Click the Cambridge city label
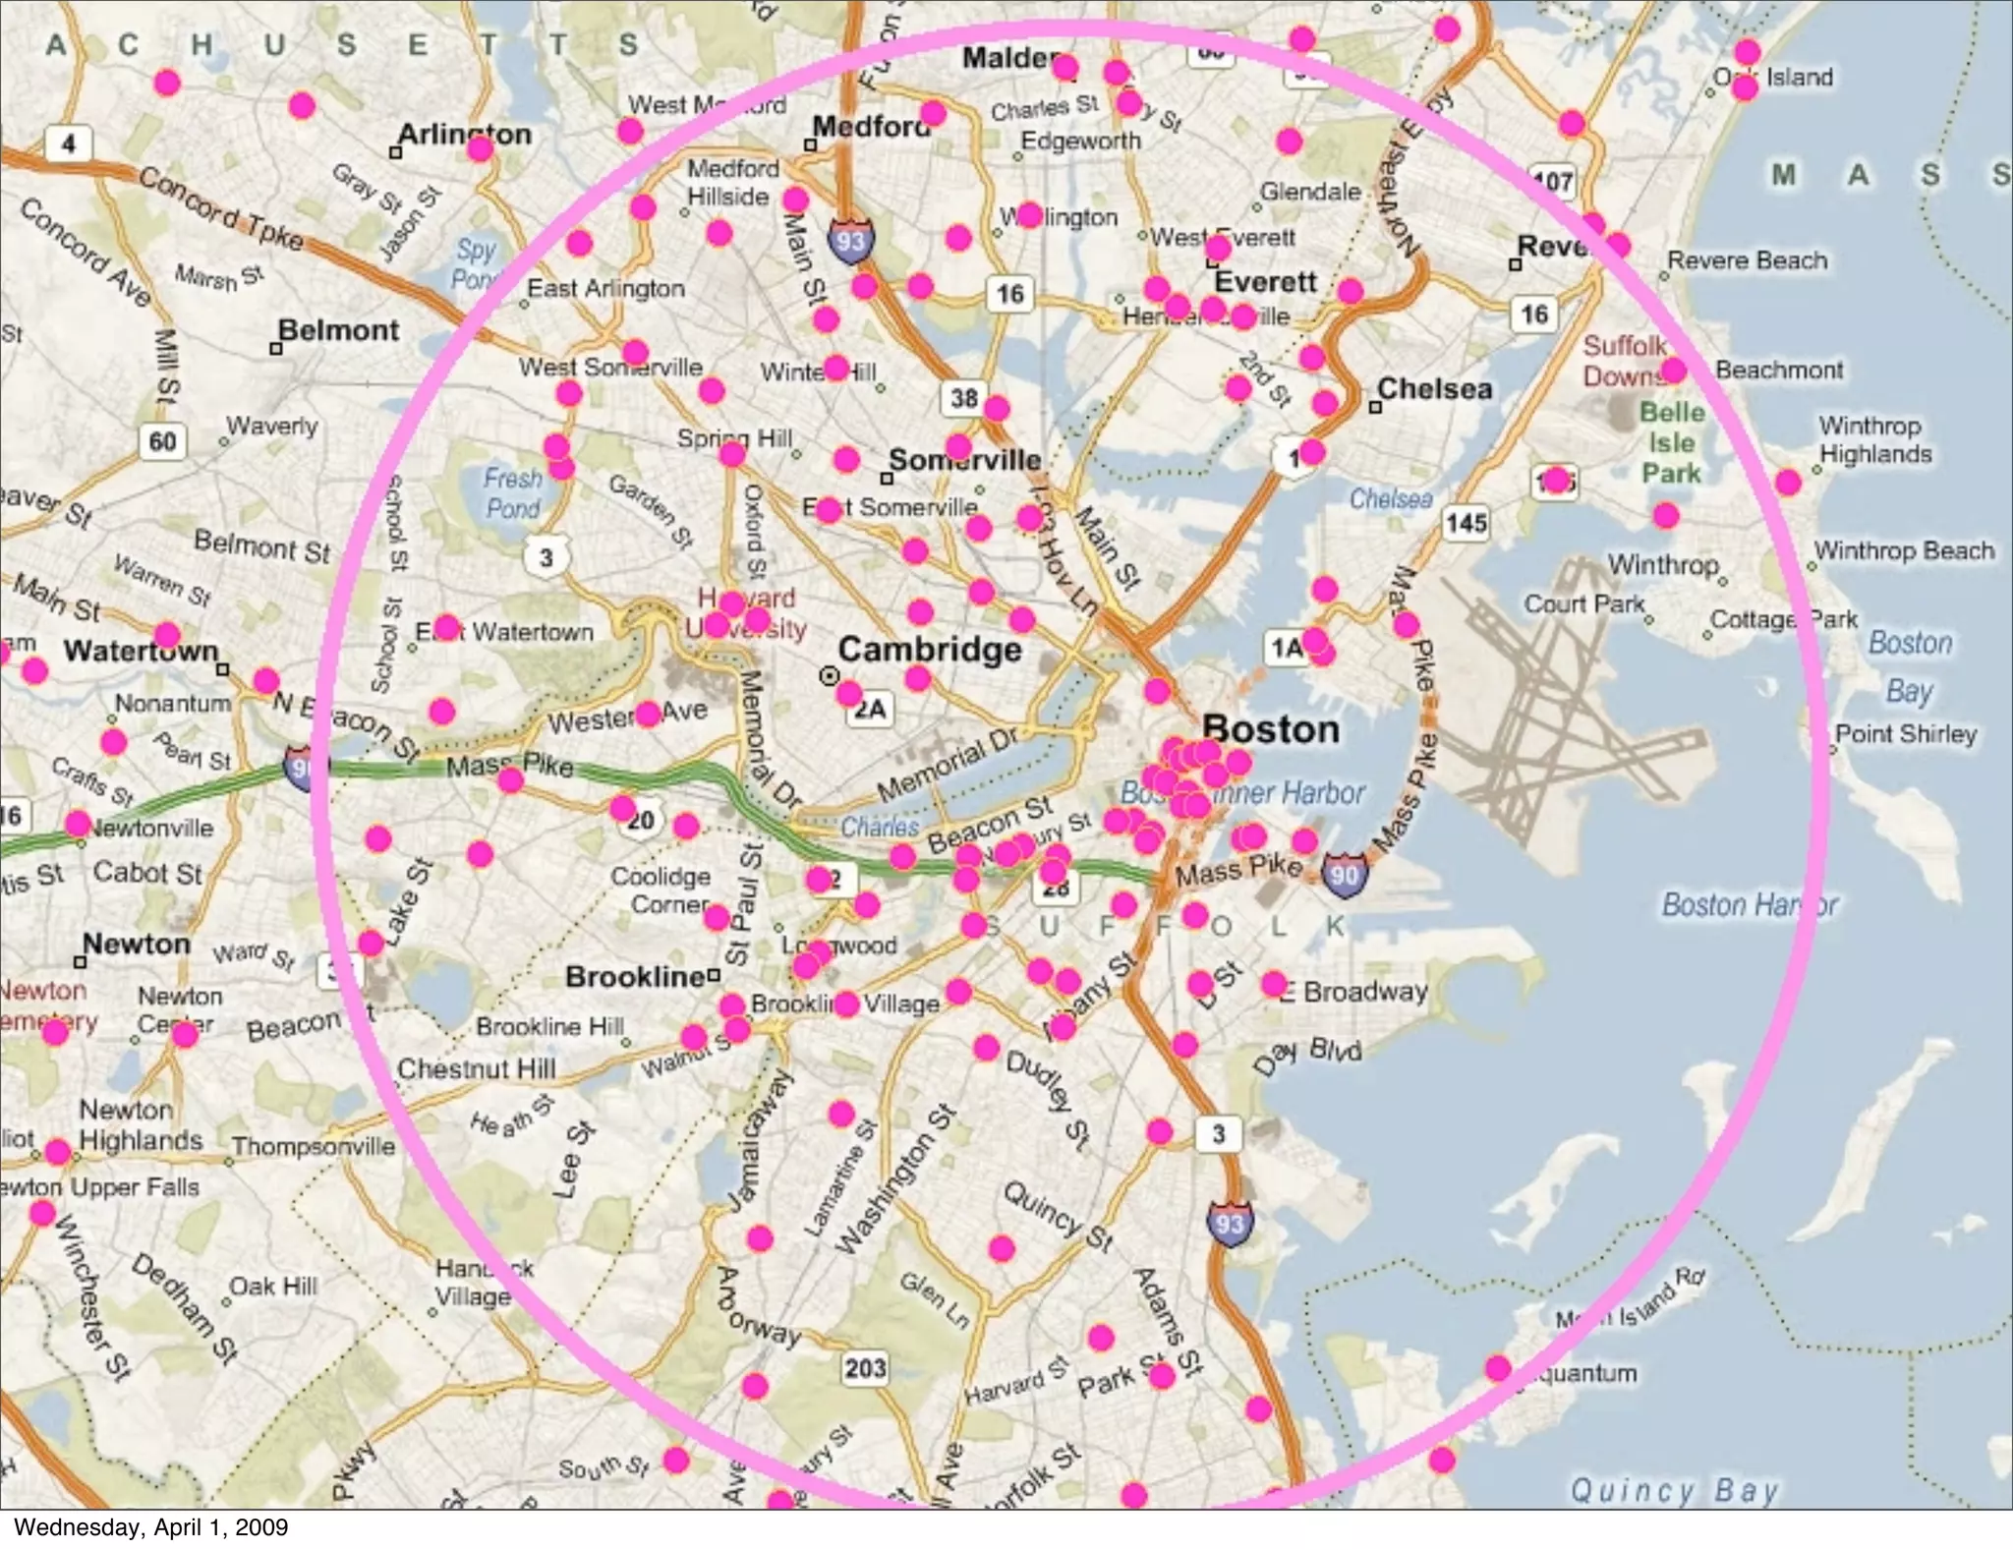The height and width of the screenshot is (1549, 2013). [929, 650]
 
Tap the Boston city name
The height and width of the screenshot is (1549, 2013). [1270, 729]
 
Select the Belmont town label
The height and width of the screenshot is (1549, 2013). [338, 330]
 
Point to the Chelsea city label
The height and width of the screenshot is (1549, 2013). [1434, 389]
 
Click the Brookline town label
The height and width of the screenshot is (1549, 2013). [635, 977]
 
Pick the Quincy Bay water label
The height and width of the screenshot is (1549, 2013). [1674, 1490]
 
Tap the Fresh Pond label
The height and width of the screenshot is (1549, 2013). [512, 493]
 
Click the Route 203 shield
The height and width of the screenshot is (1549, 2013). [865, 1367]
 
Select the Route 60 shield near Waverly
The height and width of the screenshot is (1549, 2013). [162, 441]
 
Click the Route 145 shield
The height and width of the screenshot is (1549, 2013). [1466, 523]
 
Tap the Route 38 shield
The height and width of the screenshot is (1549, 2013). [964, 398]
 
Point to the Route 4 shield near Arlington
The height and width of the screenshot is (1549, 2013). [68, 144]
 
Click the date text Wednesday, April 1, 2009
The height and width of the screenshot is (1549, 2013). [151, 1527]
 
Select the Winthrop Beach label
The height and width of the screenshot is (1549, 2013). [1904, 550]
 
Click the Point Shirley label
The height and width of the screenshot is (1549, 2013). [1906, 734]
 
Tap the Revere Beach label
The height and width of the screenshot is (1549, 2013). [1747, 260]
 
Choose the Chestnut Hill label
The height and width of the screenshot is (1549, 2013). [476, 1068]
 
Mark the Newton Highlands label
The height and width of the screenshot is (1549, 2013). [141, 1125]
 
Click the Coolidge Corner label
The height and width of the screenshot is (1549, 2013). [660, 889]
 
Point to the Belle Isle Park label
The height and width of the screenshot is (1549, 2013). [1671, 442]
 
